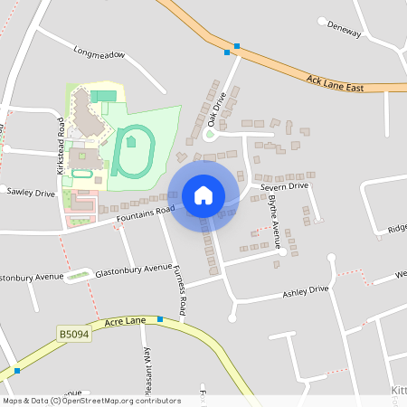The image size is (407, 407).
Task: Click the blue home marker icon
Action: click(x=203, y=195)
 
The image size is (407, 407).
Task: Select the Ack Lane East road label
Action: click(x=335, y=84)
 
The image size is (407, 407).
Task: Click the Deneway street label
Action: click(x=344, y=29)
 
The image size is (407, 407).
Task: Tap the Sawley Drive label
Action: click(x=31, y=193)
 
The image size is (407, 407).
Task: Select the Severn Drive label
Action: click(x=286, y=186)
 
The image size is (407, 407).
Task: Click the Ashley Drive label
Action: click(x=306, y=292)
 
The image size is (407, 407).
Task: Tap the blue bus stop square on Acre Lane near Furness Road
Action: click(x=160, y=319)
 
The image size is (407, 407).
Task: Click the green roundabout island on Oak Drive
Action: click(x=211, y=136)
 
